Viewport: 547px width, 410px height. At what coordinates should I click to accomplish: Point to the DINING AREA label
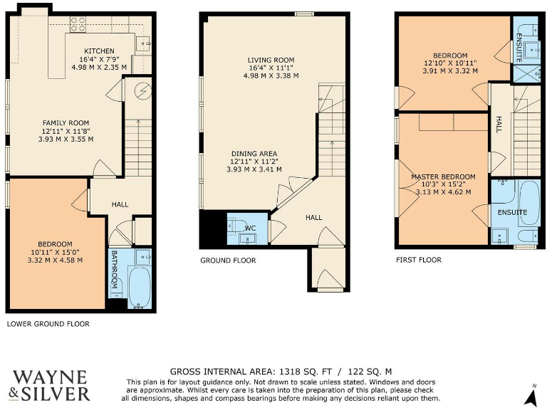point(254,153)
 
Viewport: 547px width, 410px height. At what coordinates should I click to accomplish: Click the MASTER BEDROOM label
point(442,177)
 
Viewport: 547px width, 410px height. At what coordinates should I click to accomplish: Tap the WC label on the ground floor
point(250,228)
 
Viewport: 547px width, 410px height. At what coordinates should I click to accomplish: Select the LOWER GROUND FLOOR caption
point(48,324)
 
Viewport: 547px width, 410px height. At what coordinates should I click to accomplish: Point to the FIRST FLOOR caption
point(419,260)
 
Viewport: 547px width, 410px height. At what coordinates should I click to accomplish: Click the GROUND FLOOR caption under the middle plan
point(228,261)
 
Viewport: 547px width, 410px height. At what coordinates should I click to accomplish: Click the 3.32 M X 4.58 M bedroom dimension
point(50,260)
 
